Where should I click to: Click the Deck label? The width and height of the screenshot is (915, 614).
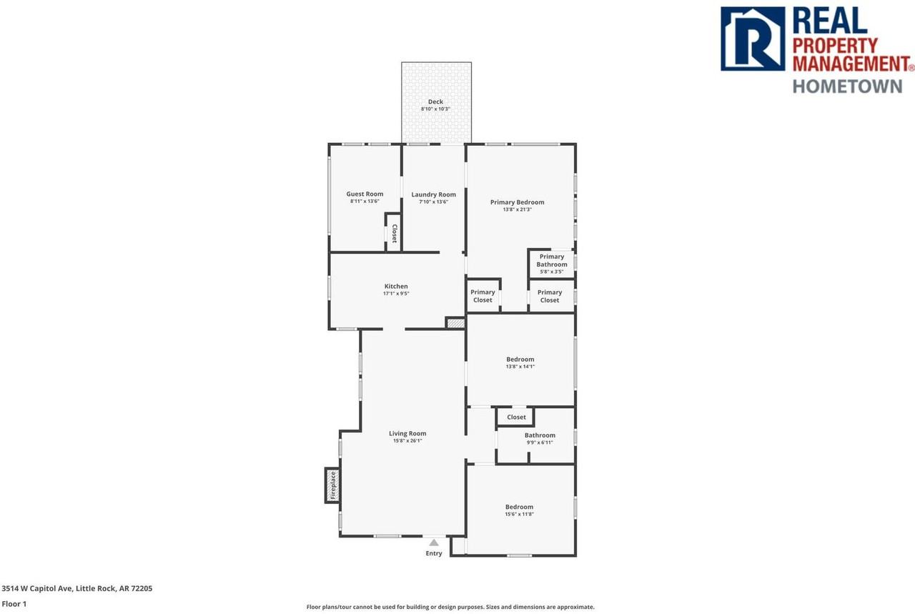click(x=435, y=102)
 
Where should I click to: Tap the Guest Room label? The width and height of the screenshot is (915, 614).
click(x=365, y=194)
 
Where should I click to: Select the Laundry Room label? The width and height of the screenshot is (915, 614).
click(x=433, y=195)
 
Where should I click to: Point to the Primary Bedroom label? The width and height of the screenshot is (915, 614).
click(x=517, y=202)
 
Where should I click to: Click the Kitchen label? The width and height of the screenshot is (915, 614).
click(x=395, y=287)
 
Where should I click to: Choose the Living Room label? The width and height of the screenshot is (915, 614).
click(x=407, y=434)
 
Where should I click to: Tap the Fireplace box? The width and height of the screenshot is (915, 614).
click(x=332, y=485)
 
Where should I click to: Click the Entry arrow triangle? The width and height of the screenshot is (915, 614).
click(x=434, y=543)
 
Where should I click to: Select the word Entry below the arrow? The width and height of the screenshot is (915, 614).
click(x=434, y=553)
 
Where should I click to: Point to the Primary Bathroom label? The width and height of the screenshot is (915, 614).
click(x=552, y=261)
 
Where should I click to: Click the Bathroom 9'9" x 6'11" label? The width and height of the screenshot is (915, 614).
click(x=540, y=435)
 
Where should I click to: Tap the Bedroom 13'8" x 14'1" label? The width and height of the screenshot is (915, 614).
click(x=520, y=360)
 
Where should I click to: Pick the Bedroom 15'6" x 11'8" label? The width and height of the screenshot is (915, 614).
click(x=519, y=507)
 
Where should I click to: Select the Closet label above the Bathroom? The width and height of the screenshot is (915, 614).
click(x=516, y=417)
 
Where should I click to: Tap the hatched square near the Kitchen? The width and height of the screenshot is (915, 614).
click(x=455, y=323)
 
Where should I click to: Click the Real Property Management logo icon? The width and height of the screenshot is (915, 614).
click(x=752, y=39)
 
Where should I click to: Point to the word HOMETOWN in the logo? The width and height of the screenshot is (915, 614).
click(x=847, y=86)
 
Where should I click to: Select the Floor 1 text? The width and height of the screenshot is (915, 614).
click(x=14, y=604)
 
